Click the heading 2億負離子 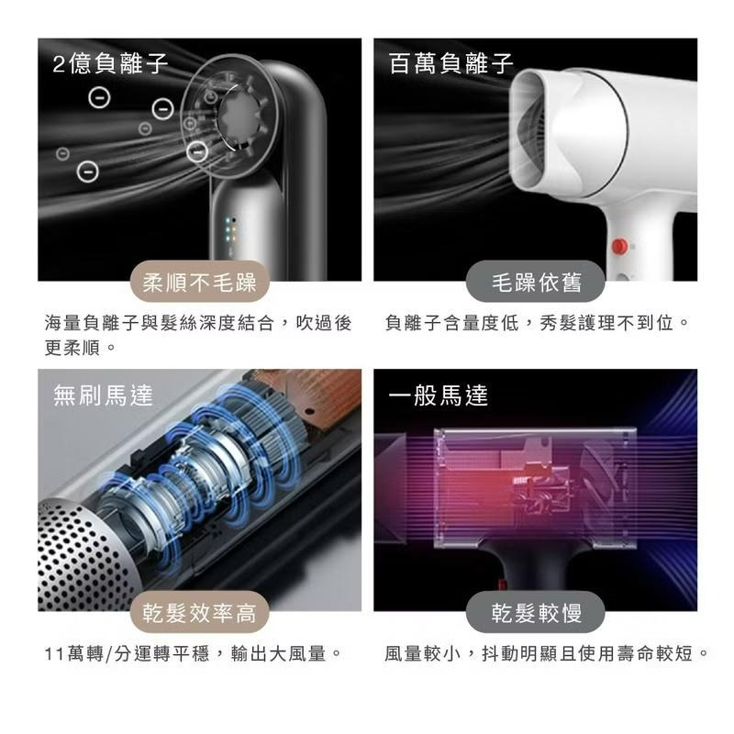coord(110,63)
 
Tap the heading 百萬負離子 coord(450,63)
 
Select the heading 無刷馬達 coord(103,395)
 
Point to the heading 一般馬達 coord(439,395)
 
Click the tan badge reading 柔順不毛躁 coord(199,283)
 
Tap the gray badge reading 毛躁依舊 coord(536,283)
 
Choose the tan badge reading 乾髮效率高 coord(199,612)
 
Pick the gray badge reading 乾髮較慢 coord(536,612)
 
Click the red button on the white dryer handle coord(619,246)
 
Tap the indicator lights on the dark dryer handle coord(230,230)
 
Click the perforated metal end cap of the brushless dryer coord(80,557)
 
